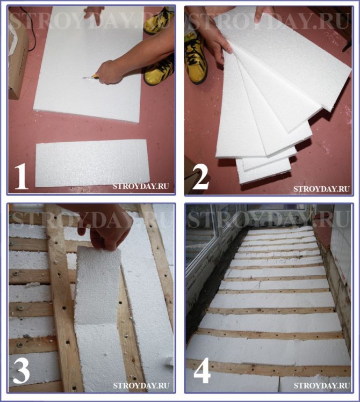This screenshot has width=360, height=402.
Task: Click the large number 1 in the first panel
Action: (x=21, y=177)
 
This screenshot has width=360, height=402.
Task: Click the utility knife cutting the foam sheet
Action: (x=90, y=77)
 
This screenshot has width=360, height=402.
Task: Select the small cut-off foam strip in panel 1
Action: (x=92, y=163)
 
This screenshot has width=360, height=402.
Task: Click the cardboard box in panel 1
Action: (x=17, y=56)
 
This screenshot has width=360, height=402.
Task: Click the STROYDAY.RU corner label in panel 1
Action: (x=141, y=186)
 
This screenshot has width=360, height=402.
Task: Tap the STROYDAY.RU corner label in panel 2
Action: (x=321, y=189)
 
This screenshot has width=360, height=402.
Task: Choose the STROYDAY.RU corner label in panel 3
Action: (x=141, y=385)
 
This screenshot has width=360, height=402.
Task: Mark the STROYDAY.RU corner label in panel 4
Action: (x=322, y=385)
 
